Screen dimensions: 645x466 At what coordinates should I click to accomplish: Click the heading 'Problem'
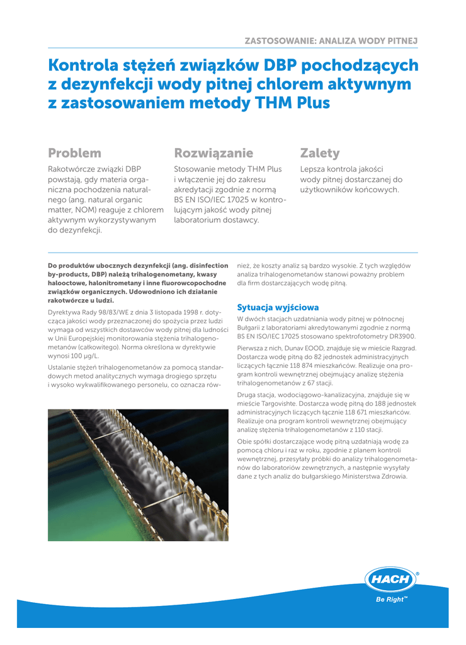[74, 153]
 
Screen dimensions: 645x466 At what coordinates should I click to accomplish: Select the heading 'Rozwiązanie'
[213, 153]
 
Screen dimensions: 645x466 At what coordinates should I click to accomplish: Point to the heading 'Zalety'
[320, 153]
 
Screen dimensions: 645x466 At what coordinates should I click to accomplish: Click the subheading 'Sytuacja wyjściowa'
[278, 307]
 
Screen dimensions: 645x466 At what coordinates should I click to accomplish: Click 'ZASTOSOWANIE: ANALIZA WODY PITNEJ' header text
[331, 41]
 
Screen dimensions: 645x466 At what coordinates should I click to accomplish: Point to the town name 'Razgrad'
[402, 348]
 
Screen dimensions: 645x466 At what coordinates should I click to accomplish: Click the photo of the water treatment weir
[138, 475]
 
